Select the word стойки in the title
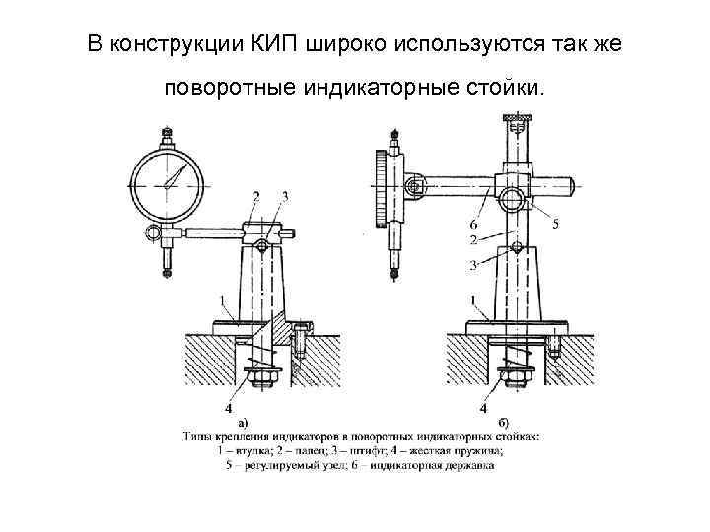click(497, 89)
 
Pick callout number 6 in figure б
click(476, 226)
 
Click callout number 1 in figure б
click(474, 299)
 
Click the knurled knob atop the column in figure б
click(514, 121)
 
